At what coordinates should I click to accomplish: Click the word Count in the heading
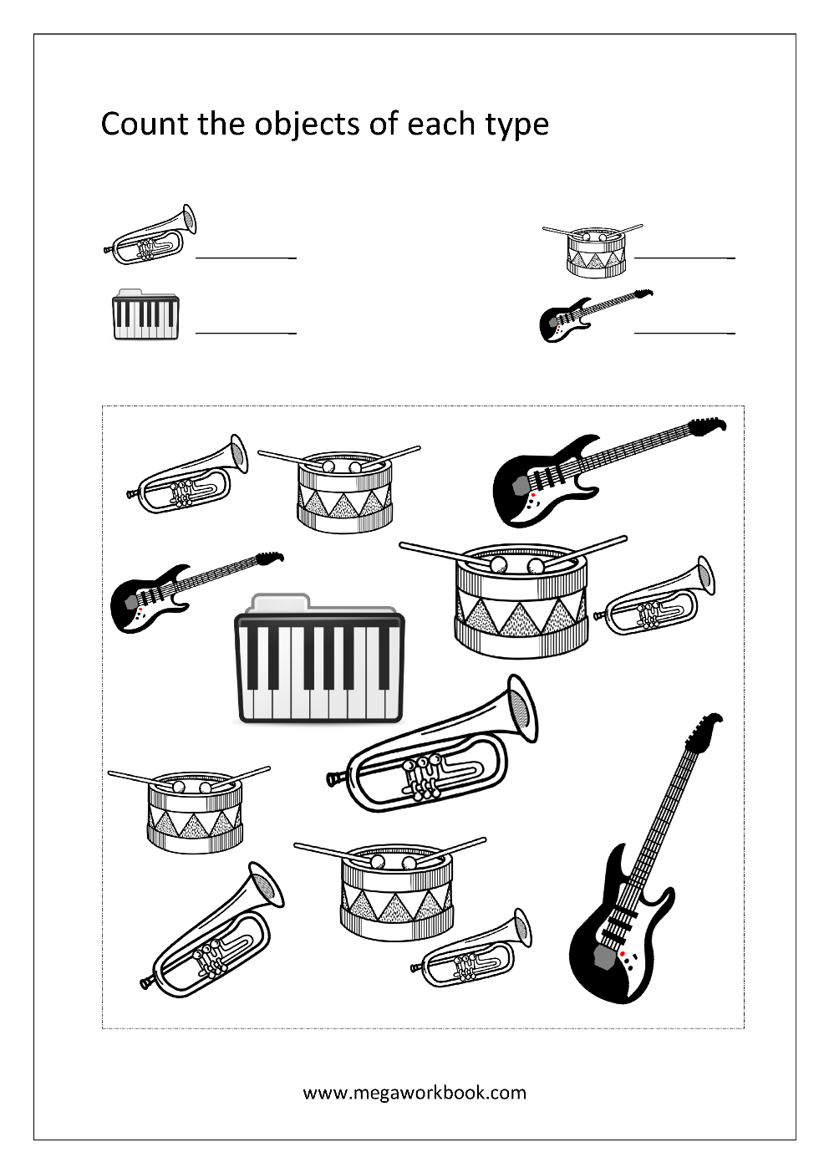point(144,124)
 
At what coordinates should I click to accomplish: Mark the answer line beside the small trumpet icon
point(246,258)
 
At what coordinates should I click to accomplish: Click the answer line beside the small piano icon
point(246,333)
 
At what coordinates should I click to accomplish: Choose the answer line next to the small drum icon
point(684,258)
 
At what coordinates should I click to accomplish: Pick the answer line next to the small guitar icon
point(684,333)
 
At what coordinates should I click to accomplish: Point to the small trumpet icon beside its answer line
point(150,235)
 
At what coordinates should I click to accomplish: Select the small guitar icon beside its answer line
point(595,316)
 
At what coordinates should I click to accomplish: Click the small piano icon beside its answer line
point(146,314)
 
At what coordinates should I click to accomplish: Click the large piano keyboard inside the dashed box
point(319,659)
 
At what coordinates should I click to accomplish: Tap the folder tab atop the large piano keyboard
point(281,603)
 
